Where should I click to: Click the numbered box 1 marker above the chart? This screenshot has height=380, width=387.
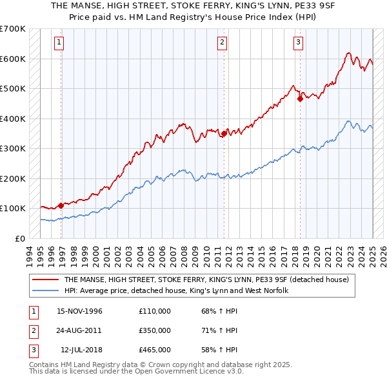[x=59, y=43]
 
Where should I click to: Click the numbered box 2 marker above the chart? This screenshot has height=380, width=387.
[x=222, y=43]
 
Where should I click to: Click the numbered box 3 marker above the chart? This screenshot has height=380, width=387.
[x=299, y=43]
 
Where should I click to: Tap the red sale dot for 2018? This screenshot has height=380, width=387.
[x=301, y=99]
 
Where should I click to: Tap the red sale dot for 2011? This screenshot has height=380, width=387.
[x=224, y=134]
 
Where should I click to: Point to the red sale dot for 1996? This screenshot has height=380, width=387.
[x=61, y=205]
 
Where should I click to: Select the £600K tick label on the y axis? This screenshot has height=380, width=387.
[x=12, y=59]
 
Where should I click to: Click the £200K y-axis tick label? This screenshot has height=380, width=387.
[x=12, y=178]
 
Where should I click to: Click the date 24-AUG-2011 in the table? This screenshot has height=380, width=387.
[x=80, y=330]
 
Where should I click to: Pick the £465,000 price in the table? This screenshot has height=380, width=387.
[x=155, y=350]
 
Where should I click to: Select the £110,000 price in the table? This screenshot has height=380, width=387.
[x=155, y=311]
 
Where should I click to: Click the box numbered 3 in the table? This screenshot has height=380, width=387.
[x=32, y=350]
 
